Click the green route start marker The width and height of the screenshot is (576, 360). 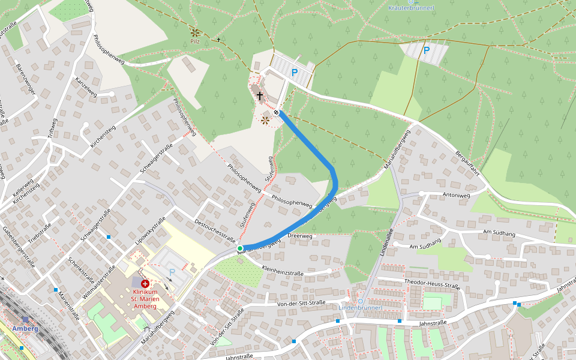pyautogui.click(x=239, y=248)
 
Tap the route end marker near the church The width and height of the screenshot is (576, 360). pyautogui.click(x=276, y=112)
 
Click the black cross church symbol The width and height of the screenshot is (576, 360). pyautogui.click(x=260, y=95)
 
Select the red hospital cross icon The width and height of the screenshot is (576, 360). pyautogui.click(x=145, y=283)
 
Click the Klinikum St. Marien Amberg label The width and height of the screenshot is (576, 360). pyautogui.click(x=144, y=298)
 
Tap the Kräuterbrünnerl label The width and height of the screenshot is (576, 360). pyautogui.click(x=411, y=8)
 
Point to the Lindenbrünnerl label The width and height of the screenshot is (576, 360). pyautogui.click(x=361, y=308)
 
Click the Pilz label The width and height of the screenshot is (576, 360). pyautogui.click(x=195, y=41)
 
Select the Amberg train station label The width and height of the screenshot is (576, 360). pyautogui.click(x=25, y=328)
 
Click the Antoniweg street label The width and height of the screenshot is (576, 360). pyautogui.click(x=455, y=194)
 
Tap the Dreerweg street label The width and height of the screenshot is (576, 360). pyautogui.click(x=300, y=236)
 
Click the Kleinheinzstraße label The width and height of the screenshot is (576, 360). pyautogui.click(x=283, y=271)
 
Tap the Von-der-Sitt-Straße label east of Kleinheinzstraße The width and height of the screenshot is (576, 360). pyautogui.click(x=301, y=304)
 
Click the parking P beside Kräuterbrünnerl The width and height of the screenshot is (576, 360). pyautogui.click(x=427, y=50)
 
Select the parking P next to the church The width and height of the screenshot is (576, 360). pyautogui.click(x=295, y=72)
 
